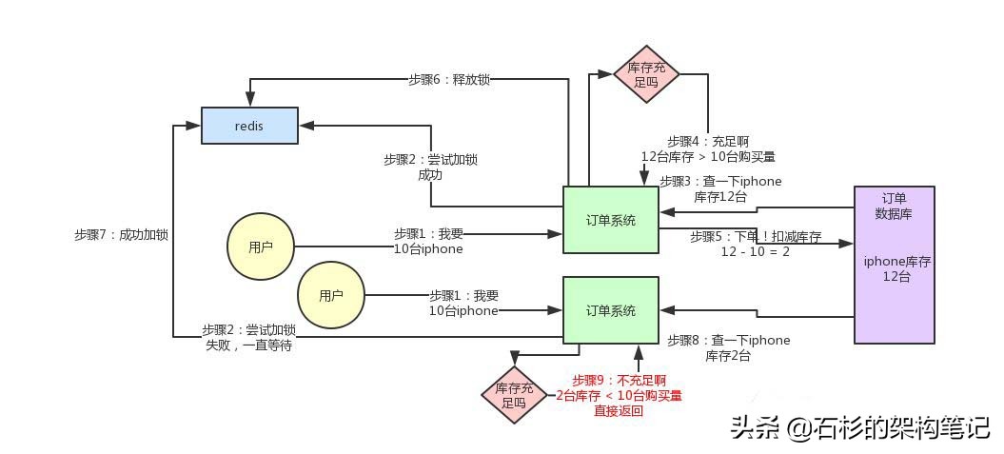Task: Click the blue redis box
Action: point(249,126)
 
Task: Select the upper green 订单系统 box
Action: point(610,220)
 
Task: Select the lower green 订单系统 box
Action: point(610,310)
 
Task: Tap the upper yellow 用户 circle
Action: point(260,247)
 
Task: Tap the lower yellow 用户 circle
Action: point(330,296)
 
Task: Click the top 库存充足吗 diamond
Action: point(646,74)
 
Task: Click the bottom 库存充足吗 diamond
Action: point(515,395)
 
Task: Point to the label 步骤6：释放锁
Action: point(449,80)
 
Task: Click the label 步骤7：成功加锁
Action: point(121,234)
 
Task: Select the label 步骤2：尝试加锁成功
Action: point(430,167)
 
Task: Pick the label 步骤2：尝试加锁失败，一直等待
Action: point(248,337)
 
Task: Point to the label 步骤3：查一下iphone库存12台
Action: point(720,188)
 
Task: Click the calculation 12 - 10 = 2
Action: point(755,251)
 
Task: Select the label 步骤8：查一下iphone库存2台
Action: point(728,347)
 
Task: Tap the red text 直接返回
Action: point(619,411)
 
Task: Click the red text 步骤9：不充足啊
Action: point(619,380)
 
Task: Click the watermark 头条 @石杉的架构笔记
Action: point(859,428)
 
